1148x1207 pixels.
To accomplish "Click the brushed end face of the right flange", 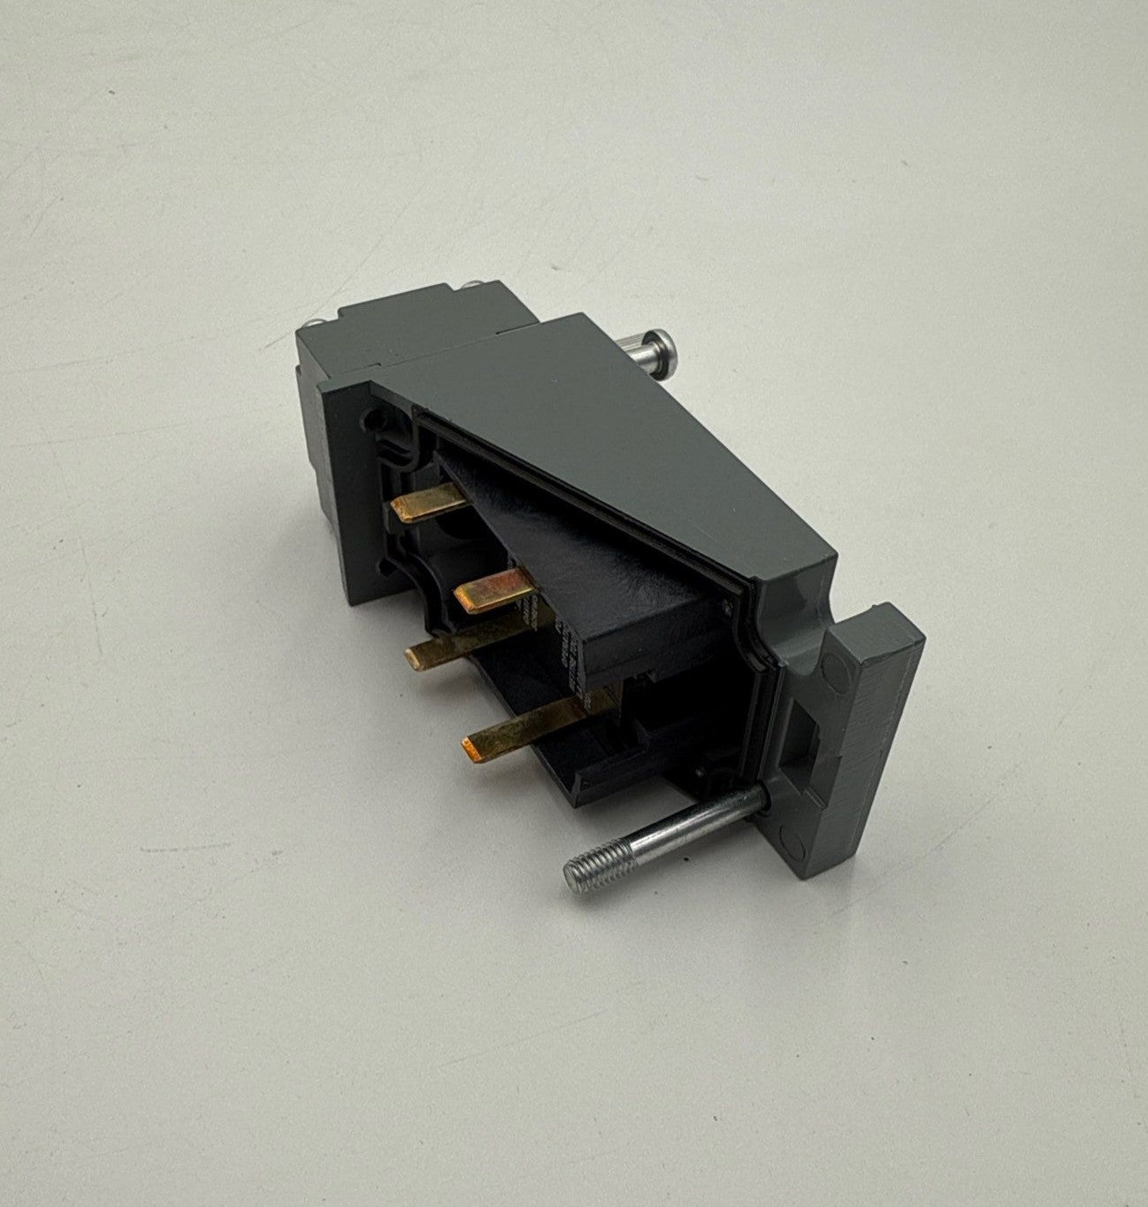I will pos(871,734).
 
